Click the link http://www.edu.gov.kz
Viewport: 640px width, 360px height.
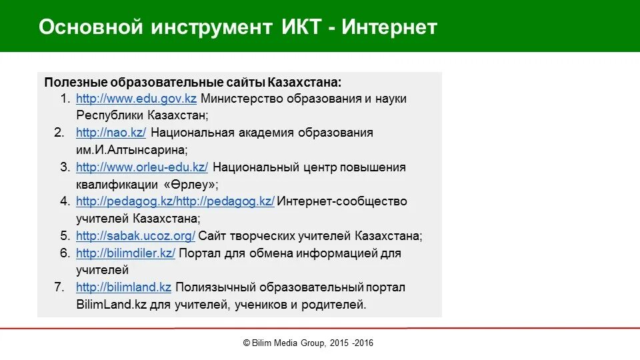(136, 99)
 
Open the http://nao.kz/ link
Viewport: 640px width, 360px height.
(111, 133)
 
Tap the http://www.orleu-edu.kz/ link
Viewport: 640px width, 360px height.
(141, 167)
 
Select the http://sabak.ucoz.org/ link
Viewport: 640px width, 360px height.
(135, 236)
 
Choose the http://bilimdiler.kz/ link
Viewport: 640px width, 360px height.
(125, 253)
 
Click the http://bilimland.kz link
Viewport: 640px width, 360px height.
(123, 288)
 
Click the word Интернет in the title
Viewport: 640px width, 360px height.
(391, 27)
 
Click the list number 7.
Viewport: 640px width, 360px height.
(59, 288)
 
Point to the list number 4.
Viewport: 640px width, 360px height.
(65, 201)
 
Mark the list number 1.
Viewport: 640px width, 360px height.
(65, 99)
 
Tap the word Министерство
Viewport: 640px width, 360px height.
(242, 99)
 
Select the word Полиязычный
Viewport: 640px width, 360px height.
(215, 288)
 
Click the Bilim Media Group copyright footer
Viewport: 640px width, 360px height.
(308, 343)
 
